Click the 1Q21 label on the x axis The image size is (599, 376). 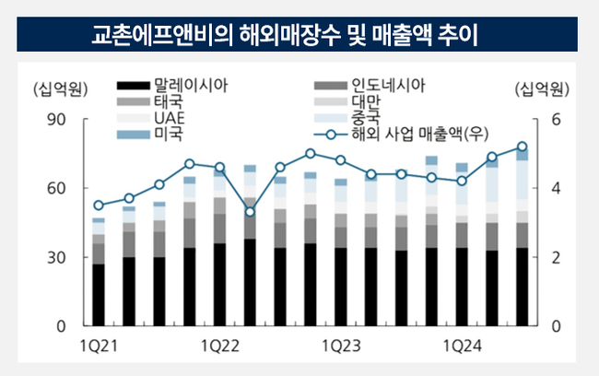coord(99,346)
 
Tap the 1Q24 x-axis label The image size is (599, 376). coord(462,346)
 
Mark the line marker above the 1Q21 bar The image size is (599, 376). coord(99,206)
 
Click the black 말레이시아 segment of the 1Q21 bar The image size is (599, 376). coord(99,295)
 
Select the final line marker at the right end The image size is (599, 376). coord(522,147)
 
